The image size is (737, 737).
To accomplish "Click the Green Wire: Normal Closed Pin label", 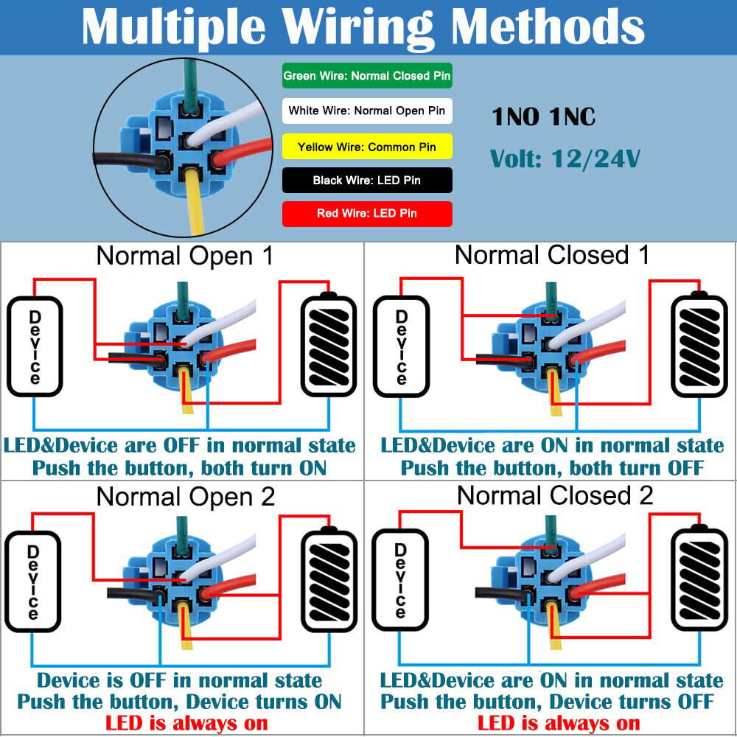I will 367,76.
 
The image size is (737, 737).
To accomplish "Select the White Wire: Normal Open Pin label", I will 367,111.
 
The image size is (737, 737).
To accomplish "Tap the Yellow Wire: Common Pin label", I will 367,147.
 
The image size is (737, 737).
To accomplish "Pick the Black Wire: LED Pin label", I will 367,180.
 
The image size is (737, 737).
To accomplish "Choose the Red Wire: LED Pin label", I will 367,213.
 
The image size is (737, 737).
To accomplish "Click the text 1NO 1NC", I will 543,116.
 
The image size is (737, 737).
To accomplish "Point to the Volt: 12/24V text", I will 565,158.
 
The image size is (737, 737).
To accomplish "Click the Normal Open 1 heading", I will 184,256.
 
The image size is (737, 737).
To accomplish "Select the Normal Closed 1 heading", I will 552,255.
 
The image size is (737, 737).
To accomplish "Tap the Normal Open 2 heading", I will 185,497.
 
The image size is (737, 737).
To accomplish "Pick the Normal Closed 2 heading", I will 554,495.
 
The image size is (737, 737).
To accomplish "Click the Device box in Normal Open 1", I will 35,346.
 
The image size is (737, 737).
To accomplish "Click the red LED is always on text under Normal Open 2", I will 186,723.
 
